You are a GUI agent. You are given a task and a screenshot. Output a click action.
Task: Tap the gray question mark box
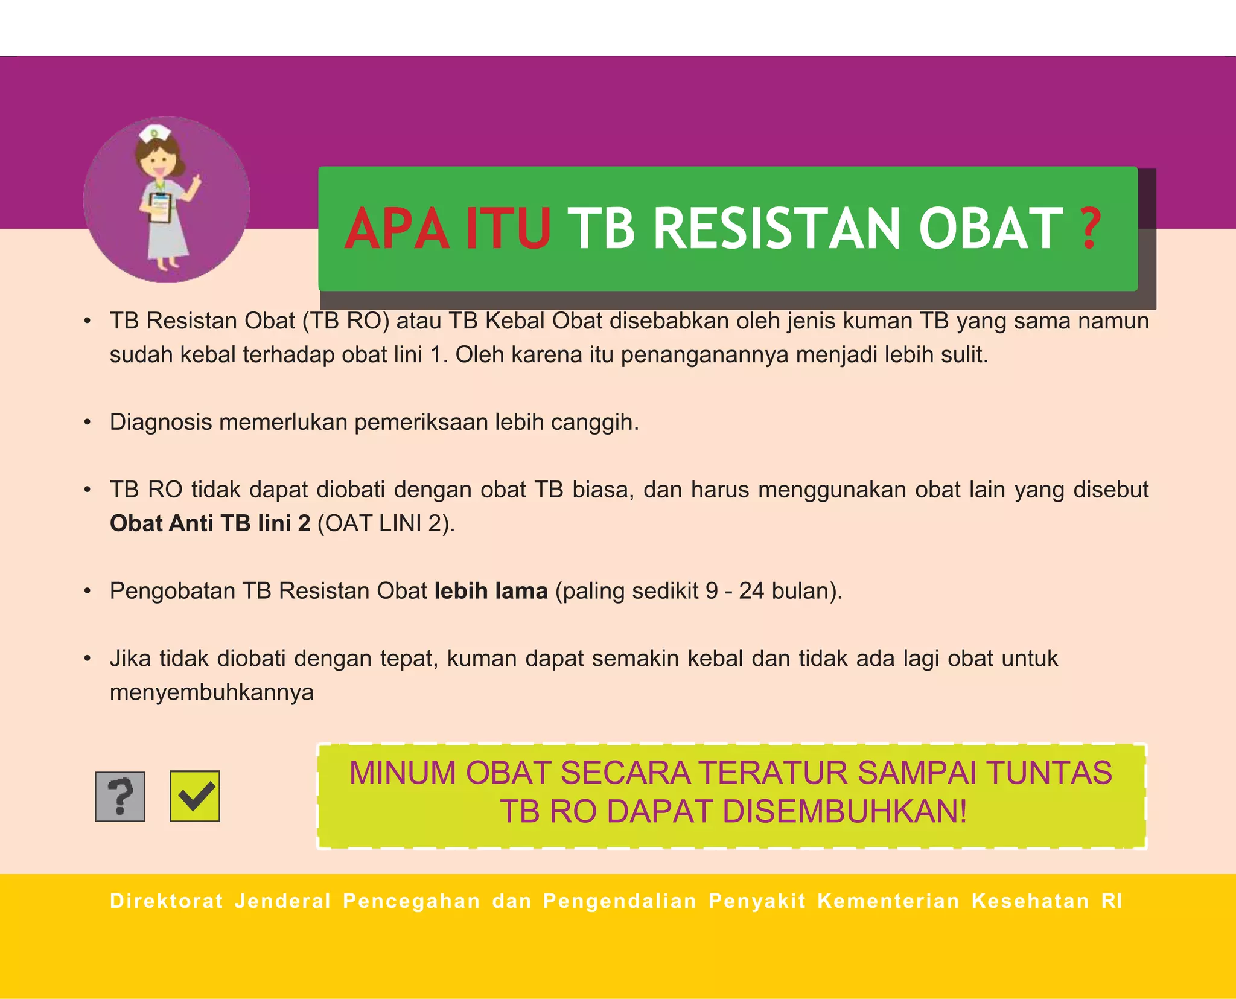[x=120, y=796]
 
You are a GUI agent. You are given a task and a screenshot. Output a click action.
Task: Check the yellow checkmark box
[x=195, y=796]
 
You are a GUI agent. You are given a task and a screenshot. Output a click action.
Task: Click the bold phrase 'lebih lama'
[x=491, y=590]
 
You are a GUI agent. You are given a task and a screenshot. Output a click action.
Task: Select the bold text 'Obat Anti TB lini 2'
[x=210, y=523]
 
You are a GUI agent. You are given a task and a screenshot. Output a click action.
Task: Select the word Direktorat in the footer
[x=167, y=901]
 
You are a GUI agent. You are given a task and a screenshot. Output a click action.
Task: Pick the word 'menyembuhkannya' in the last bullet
[x=211, y=692]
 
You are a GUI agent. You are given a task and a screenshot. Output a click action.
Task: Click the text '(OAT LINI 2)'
[x=386, y=523]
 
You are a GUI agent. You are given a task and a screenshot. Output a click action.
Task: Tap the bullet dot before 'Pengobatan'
[x=88, y=591]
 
